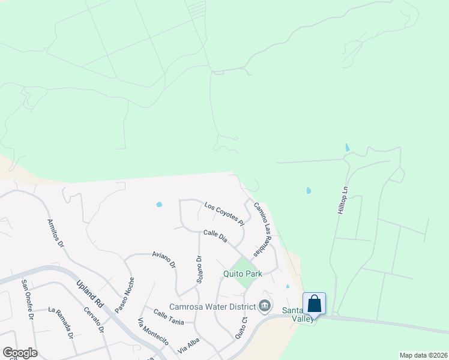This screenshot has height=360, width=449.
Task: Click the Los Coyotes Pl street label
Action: pyautogui.click(x=224, y=214)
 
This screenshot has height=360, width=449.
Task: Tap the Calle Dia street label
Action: pyautogui.click(x=215, y=236)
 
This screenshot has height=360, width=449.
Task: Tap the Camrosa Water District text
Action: pyautogui.click(x=212, y=307)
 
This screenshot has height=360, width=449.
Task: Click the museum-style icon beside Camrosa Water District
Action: pyautogui.click(x=264, y=307)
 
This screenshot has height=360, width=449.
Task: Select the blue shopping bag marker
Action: pyautogui.click(x=314, y=304)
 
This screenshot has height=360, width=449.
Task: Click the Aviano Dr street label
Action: pyautogui.click(x=164, y=259)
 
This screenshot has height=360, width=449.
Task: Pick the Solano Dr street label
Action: pyautogui.click(x=199, y=268)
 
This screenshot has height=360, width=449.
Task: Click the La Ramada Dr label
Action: pyautogui.click(x=60, y=322)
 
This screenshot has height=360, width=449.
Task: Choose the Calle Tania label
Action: pyautogui.click(x=169, y=317)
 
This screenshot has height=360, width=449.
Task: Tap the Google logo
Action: pyautogui.click(x=20, y=353)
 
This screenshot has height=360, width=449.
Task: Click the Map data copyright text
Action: pyautogui.click(x=423, y=355)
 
